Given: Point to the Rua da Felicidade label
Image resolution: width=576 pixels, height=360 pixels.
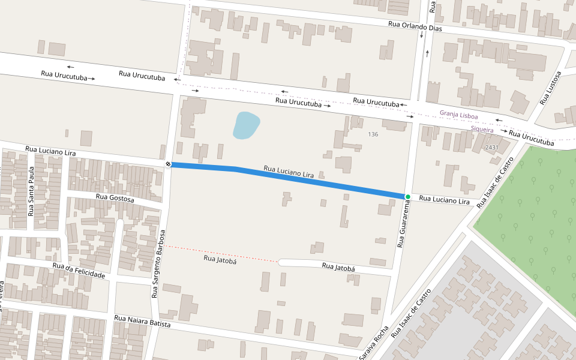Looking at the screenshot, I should (x=79, y=271).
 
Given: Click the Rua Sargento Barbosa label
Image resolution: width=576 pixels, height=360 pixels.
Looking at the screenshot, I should (x=158, y=263).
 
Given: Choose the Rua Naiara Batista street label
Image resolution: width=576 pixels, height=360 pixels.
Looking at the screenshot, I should (x=142, y=321).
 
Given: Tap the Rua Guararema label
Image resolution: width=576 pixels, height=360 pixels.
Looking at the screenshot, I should (x=404, y=224).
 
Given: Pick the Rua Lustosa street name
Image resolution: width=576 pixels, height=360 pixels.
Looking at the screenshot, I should (x=550, y=88).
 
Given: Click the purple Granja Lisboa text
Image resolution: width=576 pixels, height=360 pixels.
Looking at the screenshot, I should (x=458, y=113).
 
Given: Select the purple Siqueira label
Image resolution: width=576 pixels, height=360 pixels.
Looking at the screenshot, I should (x=482, y=130).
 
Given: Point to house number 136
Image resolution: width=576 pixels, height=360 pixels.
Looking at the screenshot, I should (x=373, y=134).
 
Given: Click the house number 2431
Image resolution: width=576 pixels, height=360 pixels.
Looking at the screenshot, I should (x=492, y=148).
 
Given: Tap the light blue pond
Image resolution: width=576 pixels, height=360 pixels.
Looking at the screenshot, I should (x=245, y=125).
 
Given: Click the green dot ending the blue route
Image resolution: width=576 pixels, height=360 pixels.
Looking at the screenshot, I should (x=407, y=197).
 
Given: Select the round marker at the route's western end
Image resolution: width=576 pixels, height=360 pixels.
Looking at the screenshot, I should (x=169, y=164).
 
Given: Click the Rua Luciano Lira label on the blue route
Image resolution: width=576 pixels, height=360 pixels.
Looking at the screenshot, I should (x=289, y=173).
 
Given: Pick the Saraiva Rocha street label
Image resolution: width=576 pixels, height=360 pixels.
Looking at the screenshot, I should (x=374, y=344).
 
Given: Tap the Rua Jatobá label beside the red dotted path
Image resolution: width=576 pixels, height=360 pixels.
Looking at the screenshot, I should (x=217, y=259).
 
